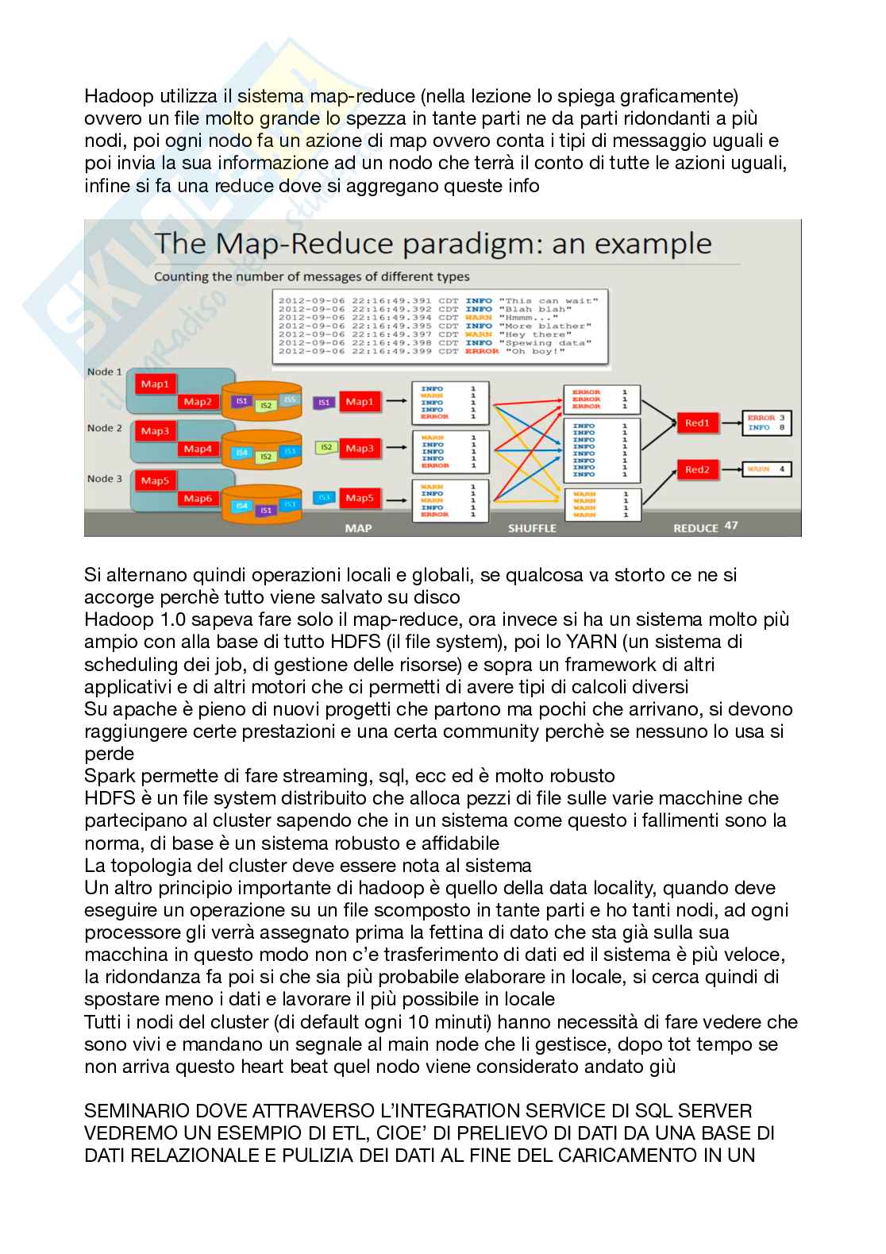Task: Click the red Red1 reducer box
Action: point(696,423)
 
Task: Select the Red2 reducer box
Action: point(696,470)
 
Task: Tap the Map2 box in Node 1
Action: point(198,402)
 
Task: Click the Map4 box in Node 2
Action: point(198,449)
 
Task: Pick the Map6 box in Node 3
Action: point(198,499)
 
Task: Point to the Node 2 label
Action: point(105,428)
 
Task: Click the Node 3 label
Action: point(105,478)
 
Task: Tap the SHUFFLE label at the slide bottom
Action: point(532,528)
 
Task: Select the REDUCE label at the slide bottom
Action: point(695,528)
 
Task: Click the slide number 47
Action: point(730,526)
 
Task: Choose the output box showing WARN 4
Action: point(768,469)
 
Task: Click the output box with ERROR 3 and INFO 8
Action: point(767,423)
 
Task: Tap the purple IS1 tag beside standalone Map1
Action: point(324,403)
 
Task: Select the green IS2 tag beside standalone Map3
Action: point(326,448)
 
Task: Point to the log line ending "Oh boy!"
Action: point(435,351)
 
